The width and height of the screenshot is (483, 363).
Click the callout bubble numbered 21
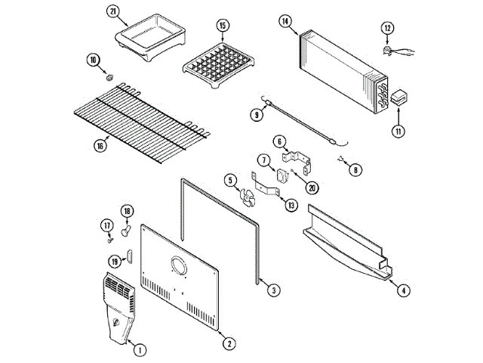pos(114,12)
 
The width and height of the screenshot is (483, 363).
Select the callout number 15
pos(223,25)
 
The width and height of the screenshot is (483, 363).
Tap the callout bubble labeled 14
pos(285,21)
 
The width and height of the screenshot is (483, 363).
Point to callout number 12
pos(388,29)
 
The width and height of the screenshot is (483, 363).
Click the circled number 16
pos(100,147)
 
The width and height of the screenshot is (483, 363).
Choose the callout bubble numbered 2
pos(228,343)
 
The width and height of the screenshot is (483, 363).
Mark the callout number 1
pos(140,349)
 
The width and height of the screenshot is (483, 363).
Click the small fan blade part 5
pos(247,196)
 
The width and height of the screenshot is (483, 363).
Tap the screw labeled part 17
pos(111,239)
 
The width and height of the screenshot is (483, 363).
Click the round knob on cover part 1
pos(114,324)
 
